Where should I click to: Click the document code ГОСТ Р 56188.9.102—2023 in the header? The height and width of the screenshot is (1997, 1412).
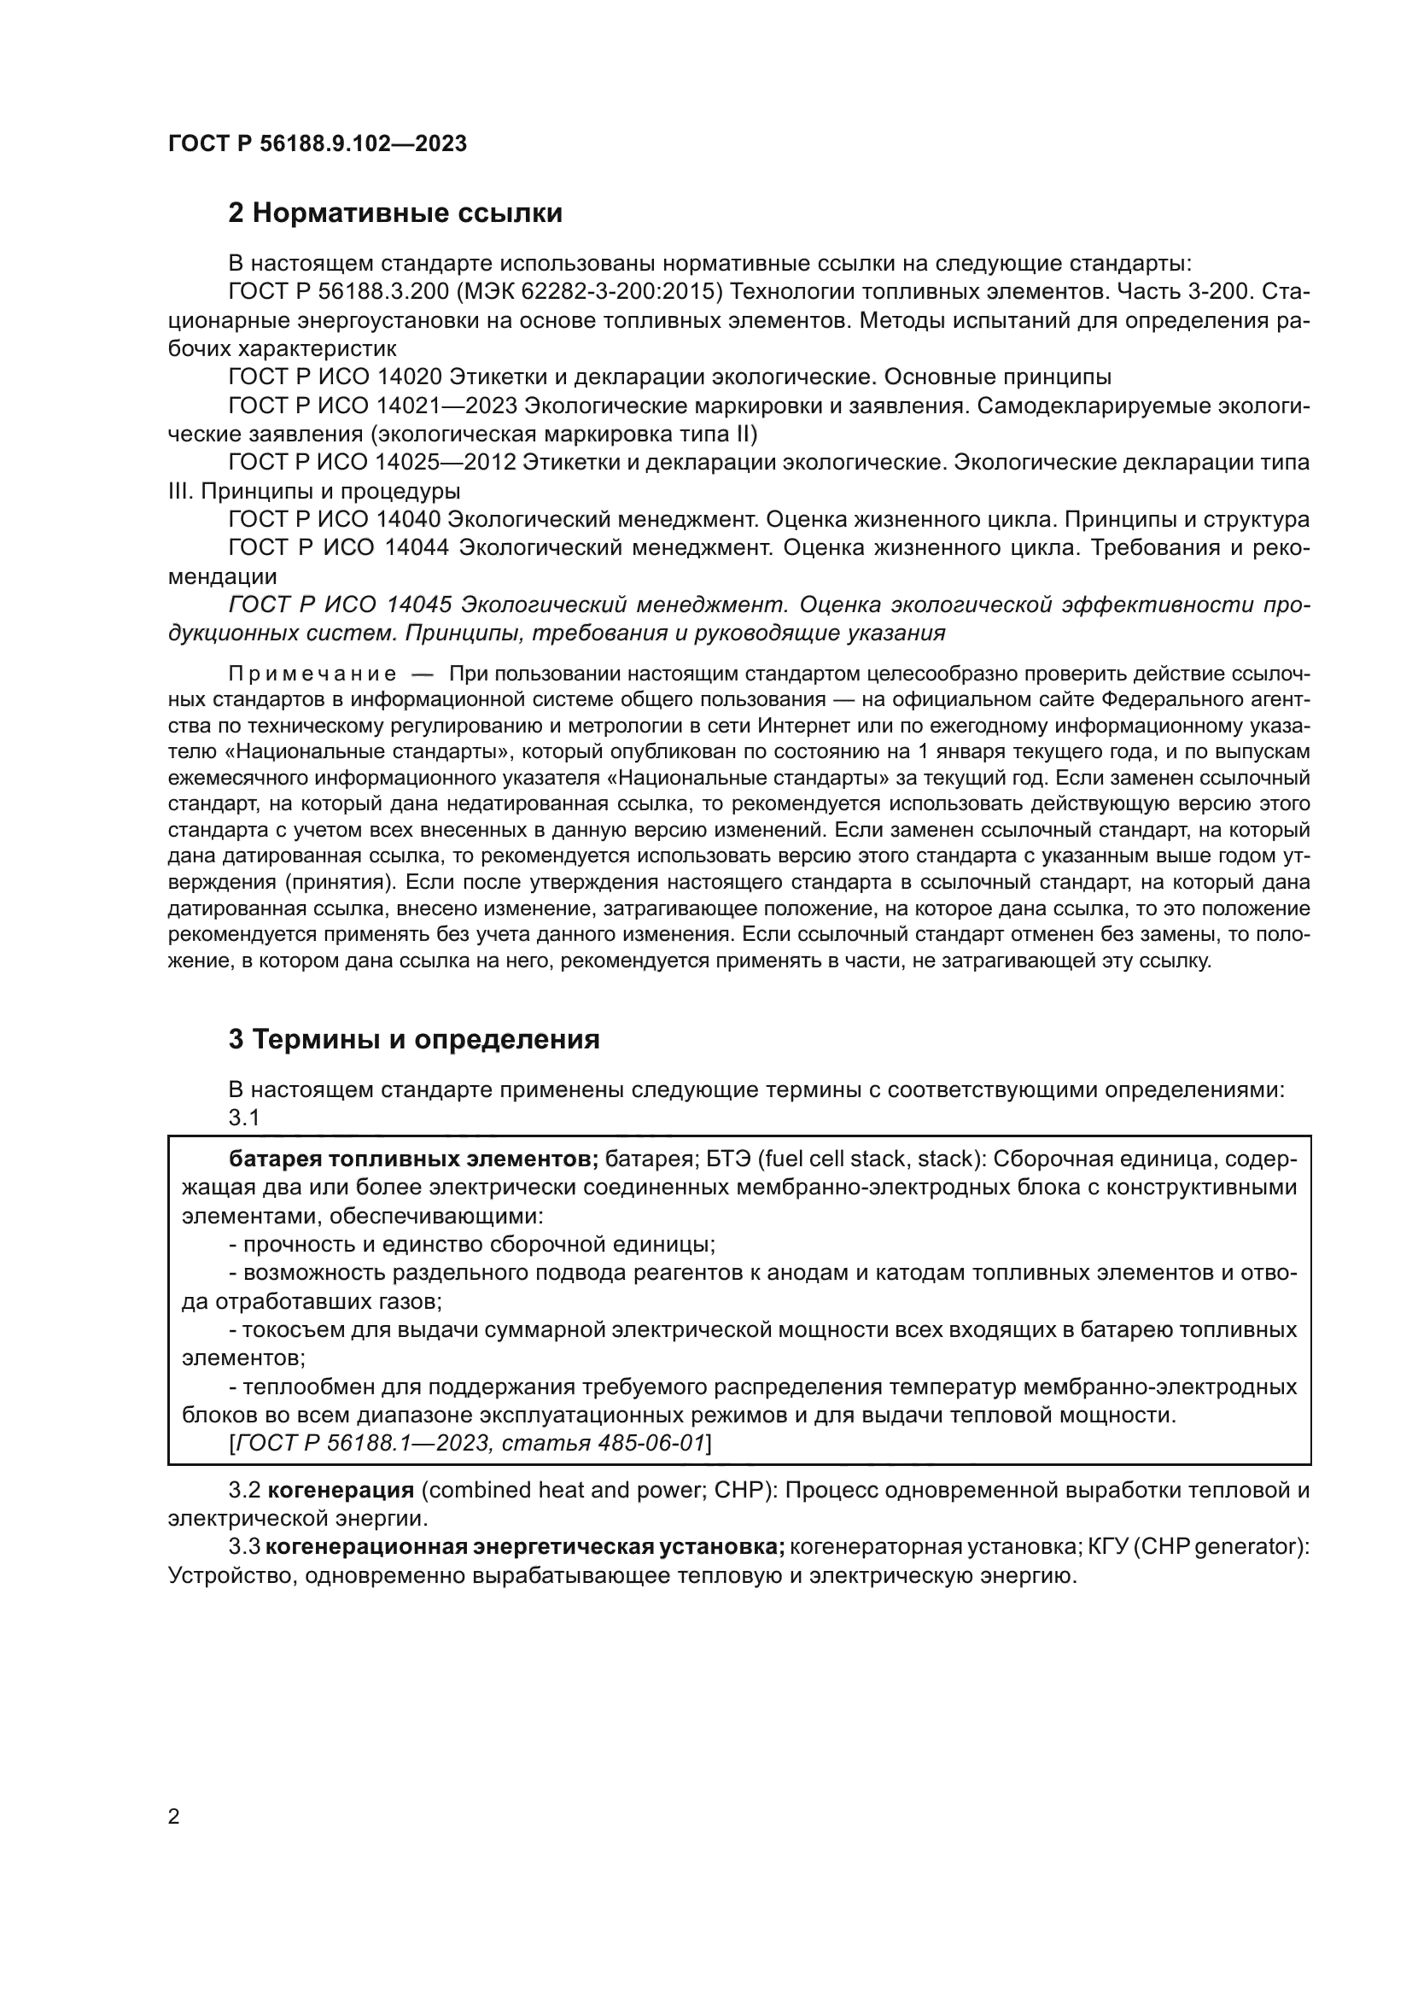coord(318,143)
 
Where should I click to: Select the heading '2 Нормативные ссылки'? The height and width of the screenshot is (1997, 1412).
coord(395,213)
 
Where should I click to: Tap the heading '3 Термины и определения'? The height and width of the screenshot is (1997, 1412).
coord(414,1039)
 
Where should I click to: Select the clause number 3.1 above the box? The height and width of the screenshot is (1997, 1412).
coord(244,1118)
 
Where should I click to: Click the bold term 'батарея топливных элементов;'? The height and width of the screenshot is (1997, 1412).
coord(414,1159)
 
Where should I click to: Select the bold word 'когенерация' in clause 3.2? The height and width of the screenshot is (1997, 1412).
coord(341,1490)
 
